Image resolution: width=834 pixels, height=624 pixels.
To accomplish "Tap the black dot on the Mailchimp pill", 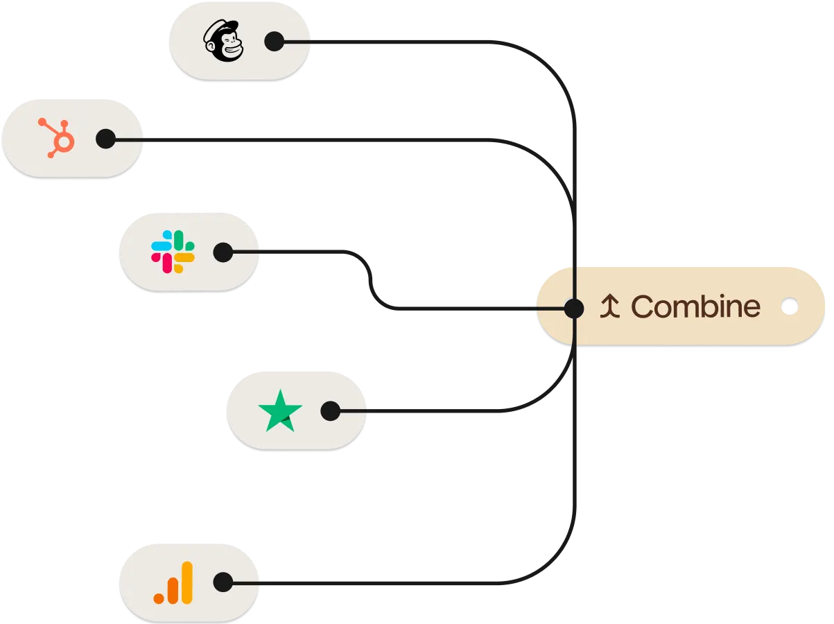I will coord(275,42).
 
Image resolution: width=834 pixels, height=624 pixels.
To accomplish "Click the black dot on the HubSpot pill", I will coord(105,139).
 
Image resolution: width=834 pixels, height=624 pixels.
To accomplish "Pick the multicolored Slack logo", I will coord(173,252).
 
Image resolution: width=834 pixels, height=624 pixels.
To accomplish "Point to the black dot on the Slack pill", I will coord(223,252).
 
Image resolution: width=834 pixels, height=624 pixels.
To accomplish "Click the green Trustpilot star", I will coord(280,411).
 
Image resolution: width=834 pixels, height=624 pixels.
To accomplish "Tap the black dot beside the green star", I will coord(331,411).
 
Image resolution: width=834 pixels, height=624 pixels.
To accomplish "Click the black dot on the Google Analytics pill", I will coord(223,582).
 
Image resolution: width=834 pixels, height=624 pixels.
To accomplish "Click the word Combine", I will coord(695,306).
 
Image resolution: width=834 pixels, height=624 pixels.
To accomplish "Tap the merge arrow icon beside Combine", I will coord(609,306).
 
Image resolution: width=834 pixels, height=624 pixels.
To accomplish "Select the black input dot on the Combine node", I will coord(573,307).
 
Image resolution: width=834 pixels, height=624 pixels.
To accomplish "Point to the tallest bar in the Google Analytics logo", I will coord(185,582).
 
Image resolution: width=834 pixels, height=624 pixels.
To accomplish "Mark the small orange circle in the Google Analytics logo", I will coord(159,597).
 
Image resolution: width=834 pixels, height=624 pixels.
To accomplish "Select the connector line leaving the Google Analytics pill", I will coord(381,582).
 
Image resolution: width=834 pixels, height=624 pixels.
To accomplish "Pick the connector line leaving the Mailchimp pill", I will coord(402,43).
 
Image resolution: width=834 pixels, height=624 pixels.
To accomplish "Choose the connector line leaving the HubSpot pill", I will coord(312,139).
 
